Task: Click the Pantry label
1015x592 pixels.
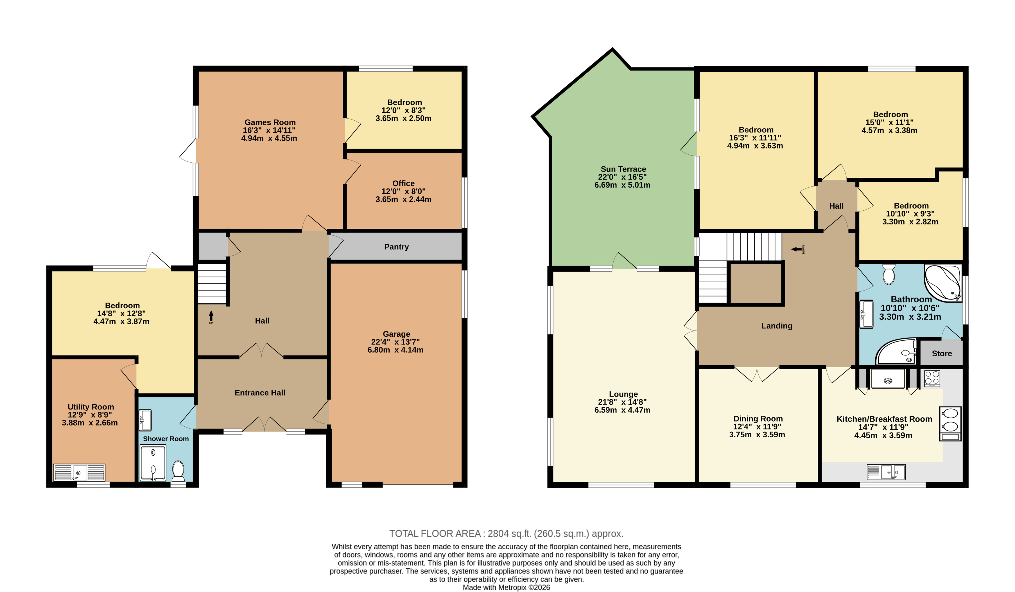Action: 396,247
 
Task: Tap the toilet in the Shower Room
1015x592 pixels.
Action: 178,471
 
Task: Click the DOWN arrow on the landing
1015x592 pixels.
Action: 796,249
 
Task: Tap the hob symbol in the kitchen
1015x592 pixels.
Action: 932,379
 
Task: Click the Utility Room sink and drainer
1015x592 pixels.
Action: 79,472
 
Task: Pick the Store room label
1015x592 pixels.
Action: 942,354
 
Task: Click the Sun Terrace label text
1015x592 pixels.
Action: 623,169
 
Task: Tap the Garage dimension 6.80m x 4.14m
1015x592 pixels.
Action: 395,350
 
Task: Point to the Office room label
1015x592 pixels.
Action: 403,183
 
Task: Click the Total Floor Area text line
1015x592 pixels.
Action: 506,534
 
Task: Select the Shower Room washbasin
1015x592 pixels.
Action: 145,420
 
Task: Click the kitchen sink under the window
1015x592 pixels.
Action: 886,472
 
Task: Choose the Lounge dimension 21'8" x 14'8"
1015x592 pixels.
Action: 622,402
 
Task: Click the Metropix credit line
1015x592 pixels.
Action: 506,587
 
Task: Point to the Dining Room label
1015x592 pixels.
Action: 758,419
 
